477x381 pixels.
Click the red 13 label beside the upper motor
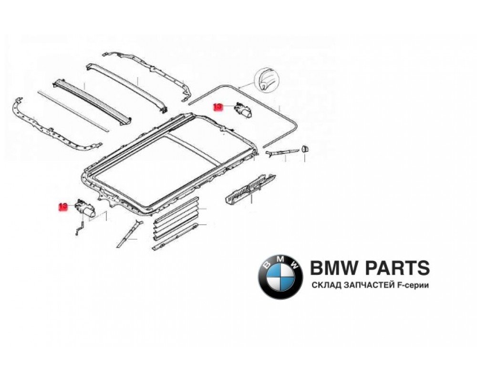pyautogui.click(x=218, y=108)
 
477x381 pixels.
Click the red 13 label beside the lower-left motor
pyautogui.click(x=63, y=207)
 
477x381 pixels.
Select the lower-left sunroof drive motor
pyautogui.click(x=85, y=208)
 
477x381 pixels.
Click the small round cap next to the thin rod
pyautogui.click(x=305, y=150)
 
